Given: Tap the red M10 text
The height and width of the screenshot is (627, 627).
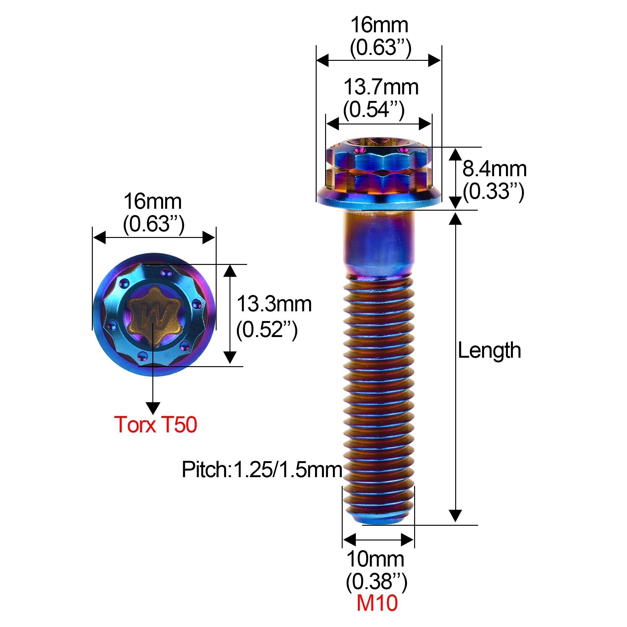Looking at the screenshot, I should [377, 603].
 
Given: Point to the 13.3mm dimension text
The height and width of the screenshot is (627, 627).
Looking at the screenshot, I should [274, 304].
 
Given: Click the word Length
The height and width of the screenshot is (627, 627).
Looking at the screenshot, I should [489, 350].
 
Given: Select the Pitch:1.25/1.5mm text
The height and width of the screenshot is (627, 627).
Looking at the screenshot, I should [262, 470].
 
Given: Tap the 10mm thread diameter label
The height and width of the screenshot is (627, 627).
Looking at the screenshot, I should [376, 559].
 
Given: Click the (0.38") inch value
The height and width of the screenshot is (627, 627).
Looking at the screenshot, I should [376, 582].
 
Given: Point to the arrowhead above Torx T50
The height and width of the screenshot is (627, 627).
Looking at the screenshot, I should [153, 408].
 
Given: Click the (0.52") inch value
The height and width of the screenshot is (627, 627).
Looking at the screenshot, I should [267, 330].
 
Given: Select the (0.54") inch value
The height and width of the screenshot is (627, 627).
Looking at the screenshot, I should [374, 110].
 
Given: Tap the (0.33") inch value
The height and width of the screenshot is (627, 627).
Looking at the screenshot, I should [493, 192].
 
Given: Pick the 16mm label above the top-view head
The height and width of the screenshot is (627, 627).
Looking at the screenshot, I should [153, 202].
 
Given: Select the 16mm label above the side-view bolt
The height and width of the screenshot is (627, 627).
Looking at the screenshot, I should [379, 25].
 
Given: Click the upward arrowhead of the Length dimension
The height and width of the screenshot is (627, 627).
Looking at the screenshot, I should [455, 219].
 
